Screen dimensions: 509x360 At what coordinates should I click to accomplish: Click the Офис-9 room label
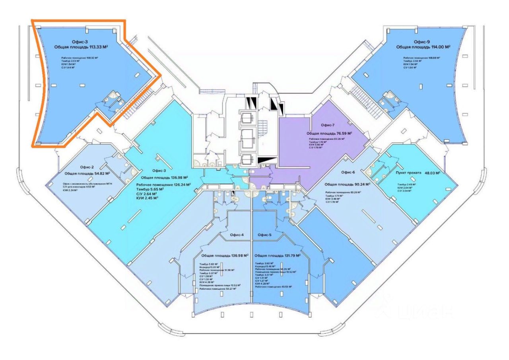pos(422,41)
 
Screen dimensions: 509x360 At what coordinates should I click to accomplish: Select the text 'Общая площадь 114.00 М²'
pos(423,47)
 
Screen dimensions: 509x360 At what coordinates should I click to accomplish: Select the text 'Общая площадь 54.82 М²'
pos(87,174)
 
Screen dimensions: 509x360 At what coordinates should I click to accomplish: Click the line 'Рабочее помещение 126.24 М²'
pos(163,185)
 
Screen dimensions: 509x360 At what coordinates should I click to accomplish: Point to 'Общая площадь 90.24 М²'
pos(348,184)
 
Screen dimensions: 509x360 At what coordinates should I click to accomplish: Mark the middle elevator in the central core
pos(250,137)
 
